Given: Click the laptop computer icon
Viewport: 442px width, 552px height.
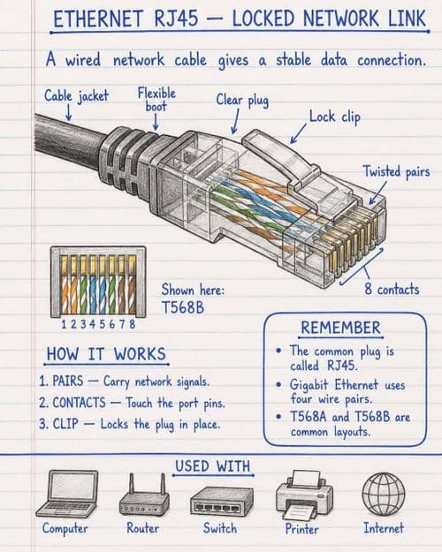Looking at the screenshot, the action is [x=67, y=494].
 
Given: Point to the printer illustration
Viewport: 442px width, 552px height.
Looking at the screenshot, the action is [x=304, y=495].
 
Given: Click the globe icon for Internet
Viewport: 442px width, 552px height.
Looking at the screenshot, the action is [x=384, y=493].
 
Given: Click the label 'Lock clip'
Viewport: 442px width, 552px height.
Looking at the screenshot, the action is [x=335, y=117].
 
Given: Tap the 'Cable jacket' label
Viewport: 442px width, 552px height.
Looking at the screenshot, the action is [x=76, y=95].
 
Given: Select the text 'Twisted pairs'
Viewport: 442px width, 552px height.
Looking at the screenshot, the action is [x=397, y=172].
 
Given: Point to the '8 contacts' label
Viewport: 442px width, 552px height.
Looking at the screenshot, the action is [x=392, y=290].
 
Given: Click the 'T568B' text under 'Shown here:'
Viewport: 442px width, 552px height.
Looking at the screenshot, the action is [x=183, y=307].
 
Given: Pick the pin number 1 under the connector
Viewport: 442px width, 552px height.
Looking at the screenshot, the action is [x=64, y=324].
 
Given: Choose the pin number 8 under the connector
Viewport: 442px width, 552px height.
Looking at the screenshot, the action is [x=133, y=324].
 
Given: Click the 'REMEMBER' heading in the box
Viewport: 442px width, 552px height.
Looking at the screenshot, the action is [x=341, y=328].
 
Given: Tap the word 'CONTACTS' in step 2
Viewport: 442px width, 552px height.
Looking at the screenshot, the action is [x=79, y=403].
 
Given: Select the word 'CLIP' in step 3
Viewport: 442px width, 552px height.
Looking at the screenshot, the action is [x=65, y=424].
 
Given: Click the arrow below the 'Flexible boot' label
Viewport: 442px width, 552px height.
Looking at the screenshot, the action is [x=156, y=122].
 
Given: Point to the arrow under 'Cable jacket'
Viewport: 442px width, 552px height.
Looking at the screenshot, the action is [x=69, y=114].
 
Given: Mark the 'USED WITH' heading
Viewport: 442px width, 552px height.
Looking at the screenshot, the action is [x=212, y=466].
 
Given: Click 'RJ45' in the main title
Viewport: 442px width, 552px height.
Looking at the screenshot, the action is [x=176, y=19].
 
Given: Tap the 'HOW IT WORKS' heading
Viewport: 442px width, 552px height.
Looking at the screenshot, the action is [x=106, y=354].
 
